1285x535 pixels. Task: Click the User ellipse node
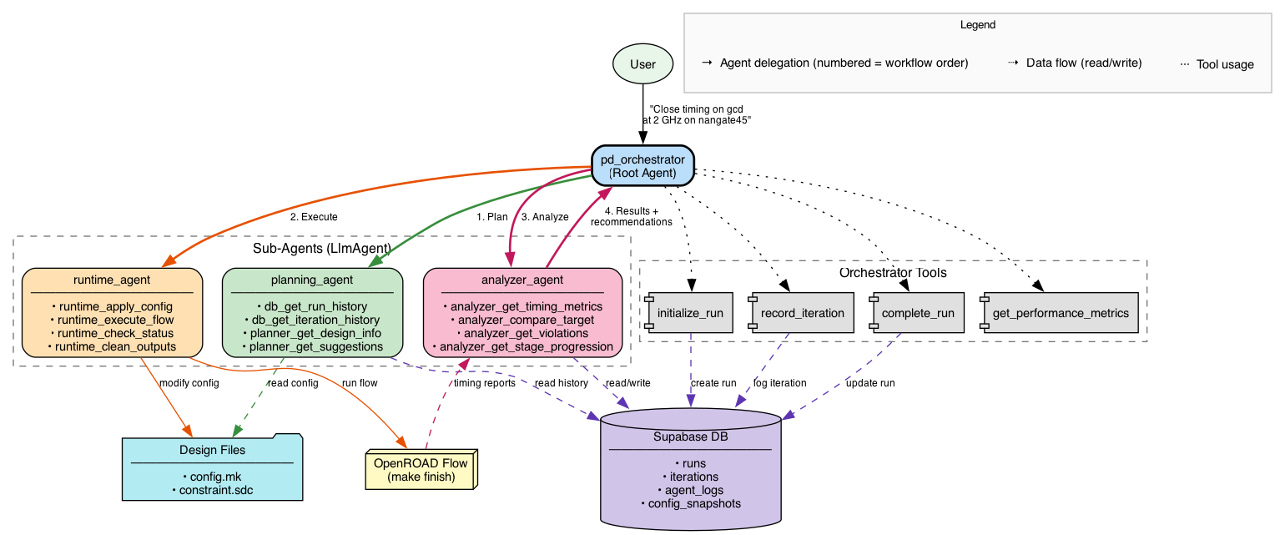point(642,63)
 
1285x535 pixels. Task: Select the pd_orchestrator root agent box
point(642,166)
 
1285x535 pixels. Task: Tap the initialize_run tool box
point(689,313)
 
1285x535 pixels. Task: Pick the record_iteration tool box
point(801,313)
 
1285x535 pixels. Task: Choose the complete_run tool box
point(917,313)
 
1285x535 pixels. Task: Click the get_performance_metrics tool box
point(1060,313)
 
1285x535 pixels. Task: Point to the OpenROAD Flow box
point(421,470)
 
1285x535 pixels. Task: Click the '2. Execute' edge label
point(314,217)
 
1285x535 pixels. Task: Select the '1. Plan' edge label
point(492,217)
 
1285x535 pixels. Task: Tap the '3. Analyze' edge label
point(545,217)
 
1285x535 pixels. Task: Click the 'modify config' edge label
point(189,383)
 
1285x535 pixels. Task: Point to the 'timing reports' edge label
point(485,383)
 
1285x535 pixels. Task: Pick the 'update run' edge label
point(870,383)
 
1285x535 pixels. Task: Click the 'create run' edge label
point(713,383)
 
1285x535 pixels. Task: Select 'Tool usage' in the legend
point(1225,64)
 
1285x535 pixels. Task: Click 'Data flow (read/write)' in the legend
point(1084,63)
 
